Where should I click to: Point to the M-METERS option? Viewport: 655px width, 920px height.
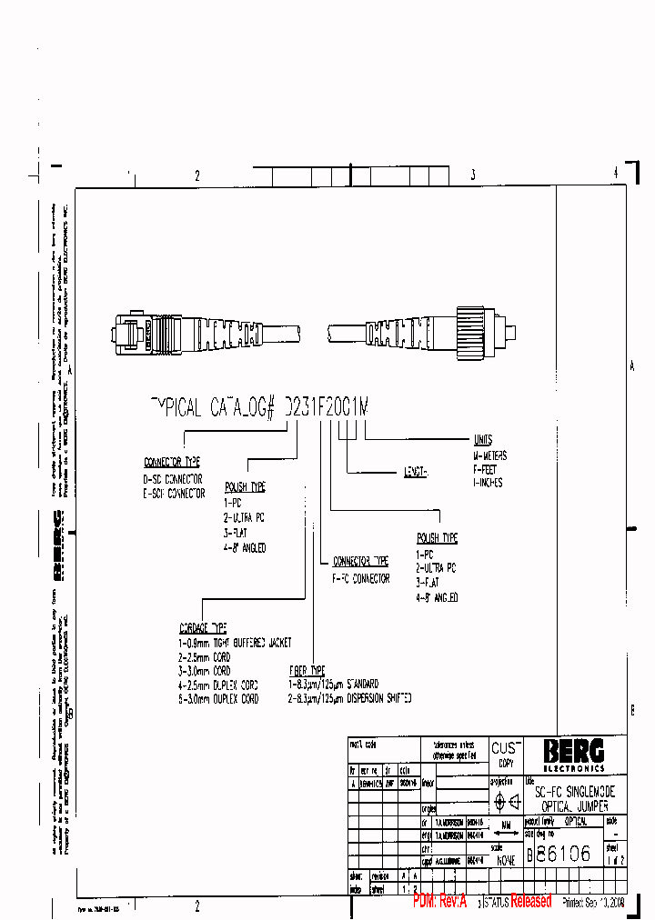click(x=489, y=455)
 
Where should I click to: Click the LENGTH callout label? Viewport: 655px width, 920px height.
click(x=415, y=473)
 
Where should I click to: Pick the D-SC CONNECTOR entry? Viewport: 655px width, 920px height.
click(x=173, y=478)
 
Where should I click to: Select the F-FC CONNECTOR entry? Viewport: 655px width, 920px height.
click(x=361, y=578)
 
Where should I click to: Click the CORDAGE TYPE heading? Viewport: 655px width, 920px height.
click(x=203, y=628)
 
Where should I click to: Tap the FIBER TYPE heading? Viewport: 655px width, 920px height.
click(x=307, y=669)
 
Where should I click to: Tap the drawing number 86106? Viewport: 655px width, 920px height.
click(x=563, y=854)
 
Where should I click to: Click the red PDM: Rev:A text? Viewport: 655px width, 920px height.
click(x=439, y=901)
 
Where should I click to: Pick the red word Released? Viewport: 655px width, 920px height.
click(x=530, y=901)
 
